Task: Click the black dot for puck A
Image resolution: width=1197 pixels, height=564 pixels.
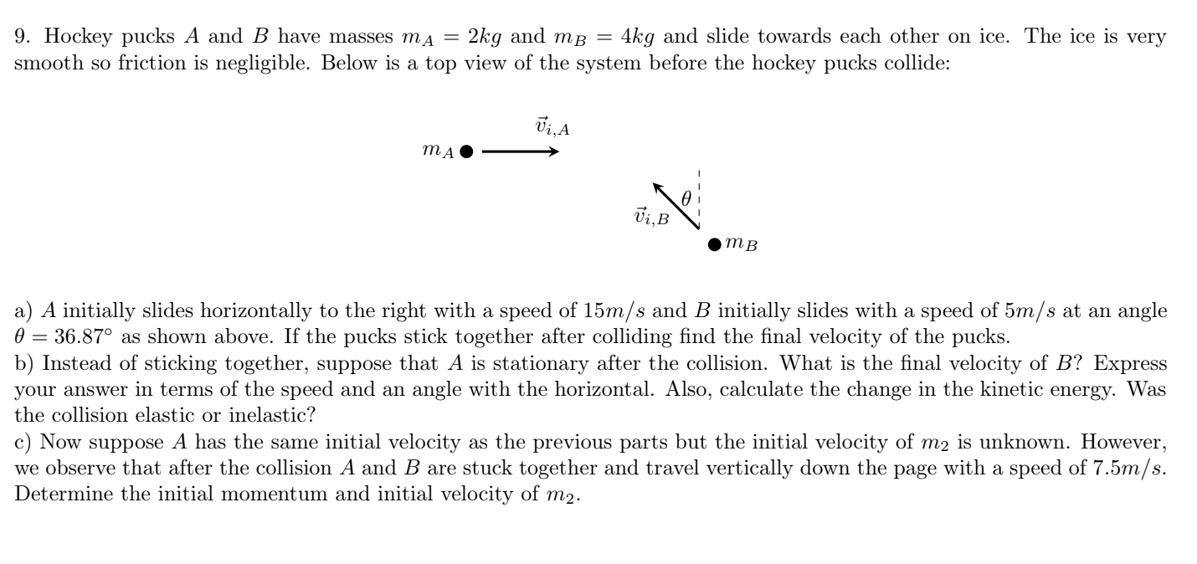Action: coord(467,152)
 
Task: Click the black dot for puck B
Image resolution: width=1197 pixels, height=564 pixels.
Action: coord(714,245)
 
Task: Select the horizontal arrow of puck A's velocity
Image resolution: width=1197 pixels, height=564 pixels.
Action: coord(520,152)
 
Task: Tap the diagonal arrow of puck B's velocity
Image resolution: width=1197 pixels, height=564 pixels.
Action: coord(676,205)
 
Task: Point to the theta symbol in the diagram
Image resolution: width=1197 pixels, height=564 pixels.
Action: coord(686,199)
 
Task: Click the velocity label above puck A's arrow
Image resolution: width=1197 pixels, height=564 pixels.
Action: coord(552,128)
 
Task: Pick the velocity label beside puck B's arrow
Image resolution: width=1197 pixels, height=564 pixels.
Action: coord(652,218)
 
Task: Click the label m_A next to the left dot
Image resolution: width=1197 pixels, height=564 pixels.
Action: coord(439,151)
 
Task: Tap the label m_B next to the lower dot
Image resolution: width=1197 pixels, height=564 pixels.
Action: coord(741,244)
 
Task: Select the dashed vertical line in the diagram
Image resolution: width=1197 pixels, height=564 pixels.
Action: coord(698,201)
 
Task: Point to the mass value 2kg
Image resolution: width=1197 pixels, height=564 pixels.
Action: coord(484,38)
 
